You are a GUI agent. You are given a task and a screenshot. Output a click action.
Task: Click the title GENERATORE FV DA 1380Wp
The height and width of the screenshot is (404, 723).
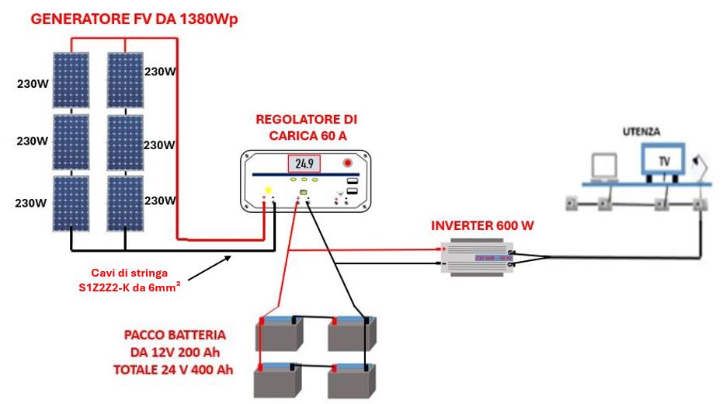134,19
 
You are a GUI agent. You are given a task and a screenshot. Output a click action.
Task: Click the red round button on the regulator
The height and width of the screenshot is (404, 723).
347,163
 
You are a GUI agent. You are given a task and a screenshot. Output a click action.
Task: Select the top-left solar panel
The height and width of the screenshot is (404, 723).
71,81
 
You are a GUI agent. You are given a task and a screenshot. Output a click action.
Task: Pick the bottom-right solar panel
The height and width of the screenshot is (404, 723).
124,201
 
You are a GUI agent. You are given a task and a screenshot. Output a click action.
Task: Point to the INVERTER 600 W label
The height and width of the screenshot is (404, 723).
483,226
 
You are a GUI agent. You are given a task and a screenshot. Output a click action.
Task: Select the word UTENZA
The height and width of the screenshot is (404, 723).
641,132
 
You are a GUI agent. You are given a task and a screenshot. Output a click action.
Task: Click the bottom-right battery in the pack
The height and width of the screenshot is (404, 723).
353,380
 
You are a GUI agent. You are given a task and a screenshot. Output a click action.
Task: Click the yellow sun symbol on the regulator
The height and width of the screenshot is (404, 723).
268,191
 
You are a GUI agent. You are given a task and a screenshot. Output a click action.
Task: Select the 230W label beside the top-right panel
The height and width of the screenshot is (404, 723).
160,71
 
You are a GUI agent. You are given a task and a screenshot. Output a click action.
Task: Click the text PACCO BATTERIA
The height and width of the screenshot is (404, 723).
175,336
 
